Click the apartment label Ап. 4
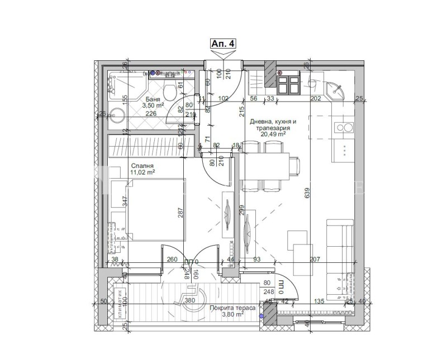[x=223, y=43]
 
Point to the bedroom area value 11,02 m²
[x=142, y=172]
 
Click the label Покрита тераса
[x=233, y=308]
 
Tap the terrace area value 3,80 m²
[x=234, y=315]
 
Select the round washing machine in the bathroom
[x=117, y=116]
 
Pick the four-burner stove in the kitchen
[x=288, y=84]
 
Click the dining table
[x=270, y=166]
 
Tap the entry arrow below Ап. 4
[x=223, y=54]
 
